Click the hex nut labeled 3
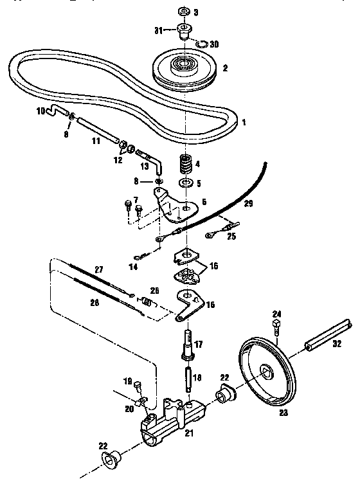[x=182, y=12]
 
